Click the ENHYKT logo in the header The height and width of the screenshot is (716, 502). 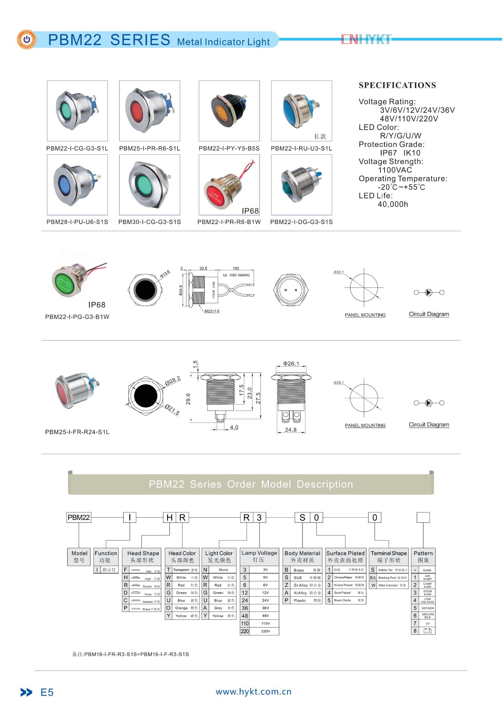click(366, 39)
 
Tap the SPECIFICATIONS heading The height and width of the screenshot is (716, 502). click(397, 85)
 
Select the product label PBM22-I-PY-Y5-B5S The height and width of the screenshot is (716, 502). click(229, 148)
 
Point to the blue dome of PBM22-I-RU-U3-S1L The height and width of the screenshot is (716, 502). click(293, 110)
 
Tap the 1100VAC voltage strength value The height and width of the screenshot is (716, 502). click(395, 170)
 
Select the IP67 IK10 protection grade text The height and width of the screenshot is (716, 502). click(400, 153)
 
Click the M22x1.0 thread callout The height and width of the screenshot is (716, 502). click(212, 311)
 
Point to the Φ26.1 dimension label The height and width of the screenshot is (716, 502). click(291, 364)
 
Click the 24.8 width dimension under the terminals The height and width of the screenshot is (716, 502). click(291, 430)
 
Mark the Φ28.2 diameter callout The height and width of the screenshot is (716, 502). click(173, 381)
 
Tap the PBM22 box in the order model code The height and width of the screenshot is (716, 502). click(79, 518)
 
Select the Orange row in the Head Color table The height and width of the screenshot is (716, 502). click(182, 608)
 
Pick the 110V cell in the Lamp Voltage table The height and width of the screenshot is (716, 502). click(260, 624)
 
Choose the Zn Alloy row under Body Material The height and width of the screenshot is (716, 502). click(302, 585)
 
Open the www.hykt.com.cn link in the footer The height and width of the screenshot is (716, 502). click(254, 692)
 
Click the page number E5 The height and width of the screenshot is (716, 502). click(47, 693)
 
